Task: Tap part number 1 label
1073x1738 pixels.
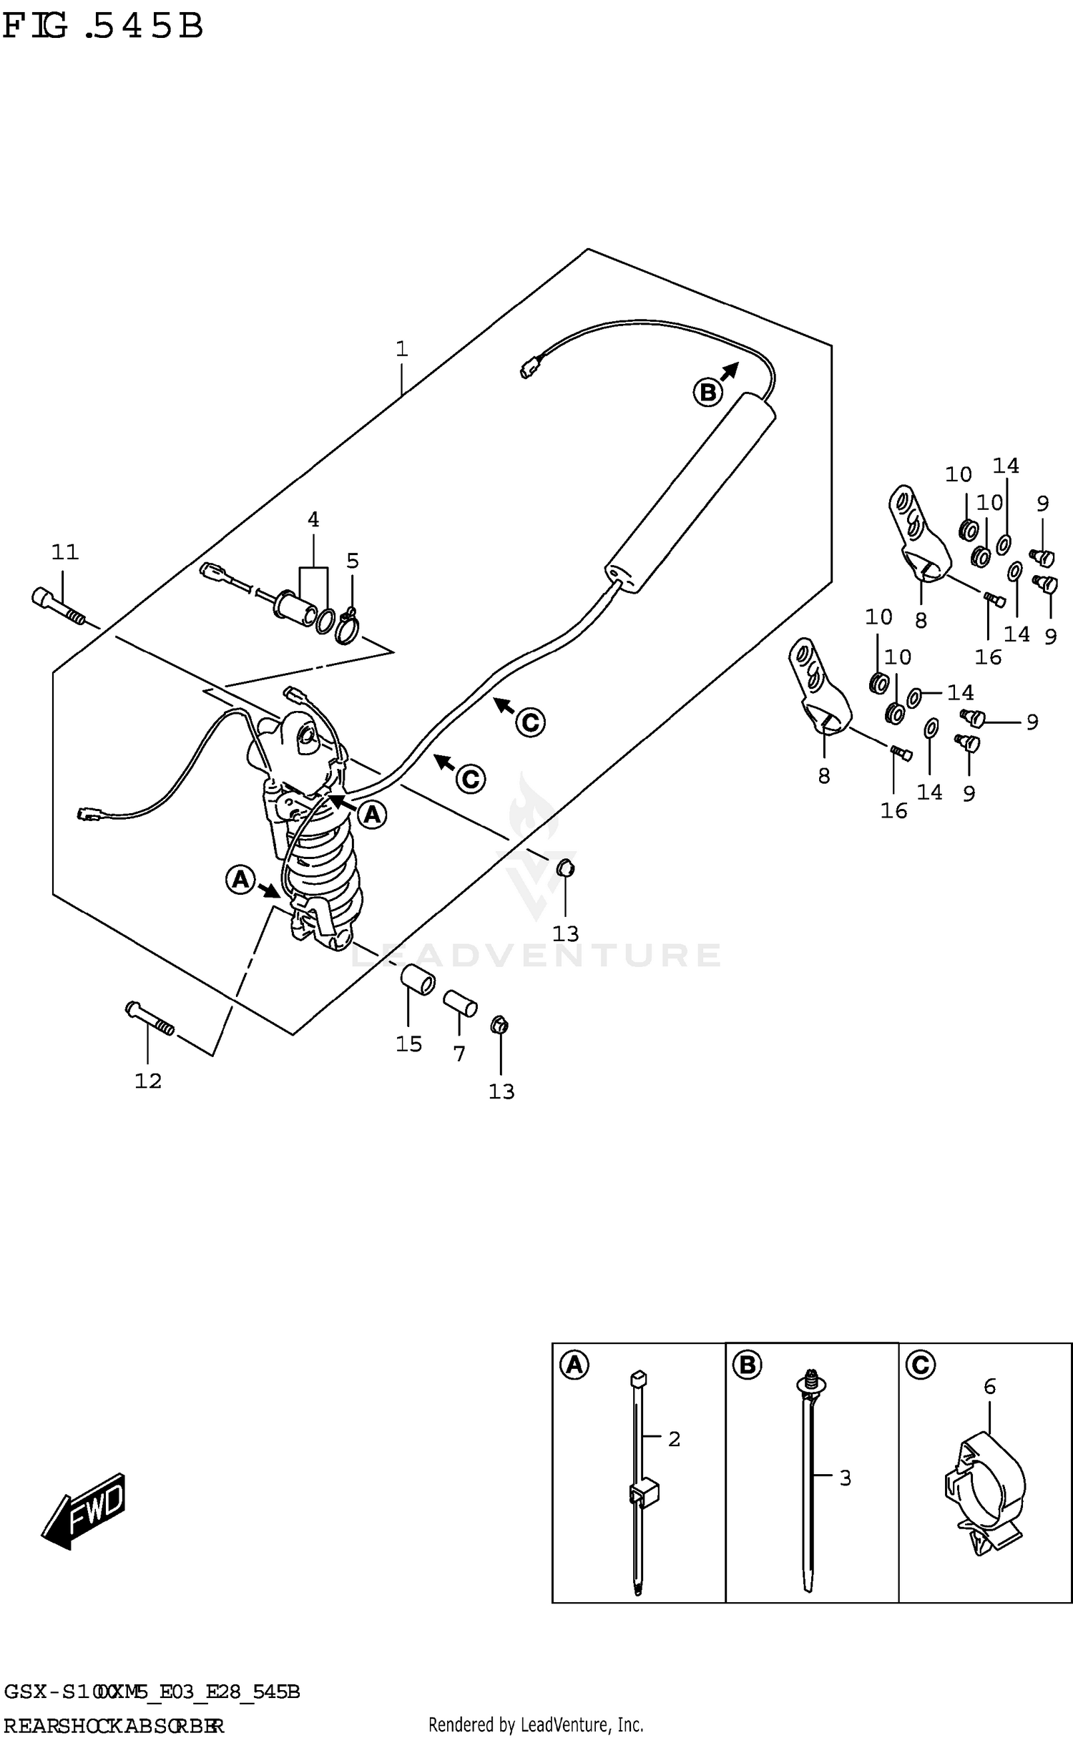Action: (402, 349)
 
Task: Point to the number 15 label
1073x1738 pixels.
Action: (409, 1044)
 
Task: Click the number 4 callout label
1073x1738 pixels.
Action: (313, 520)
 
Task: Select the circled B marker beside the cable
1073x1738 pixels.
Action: (707, 393)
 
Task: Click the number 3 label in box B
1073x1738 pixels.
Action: (845, 1478)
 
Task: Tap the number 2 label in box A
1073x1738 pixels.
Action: (674, 1439)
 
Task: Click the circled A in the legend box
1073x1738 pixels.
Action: (574, 1366)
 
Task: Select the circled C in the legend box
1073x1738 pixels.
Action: (920, 1366)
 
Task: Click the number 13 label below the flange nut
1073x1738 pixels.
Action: (501, 1091)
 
